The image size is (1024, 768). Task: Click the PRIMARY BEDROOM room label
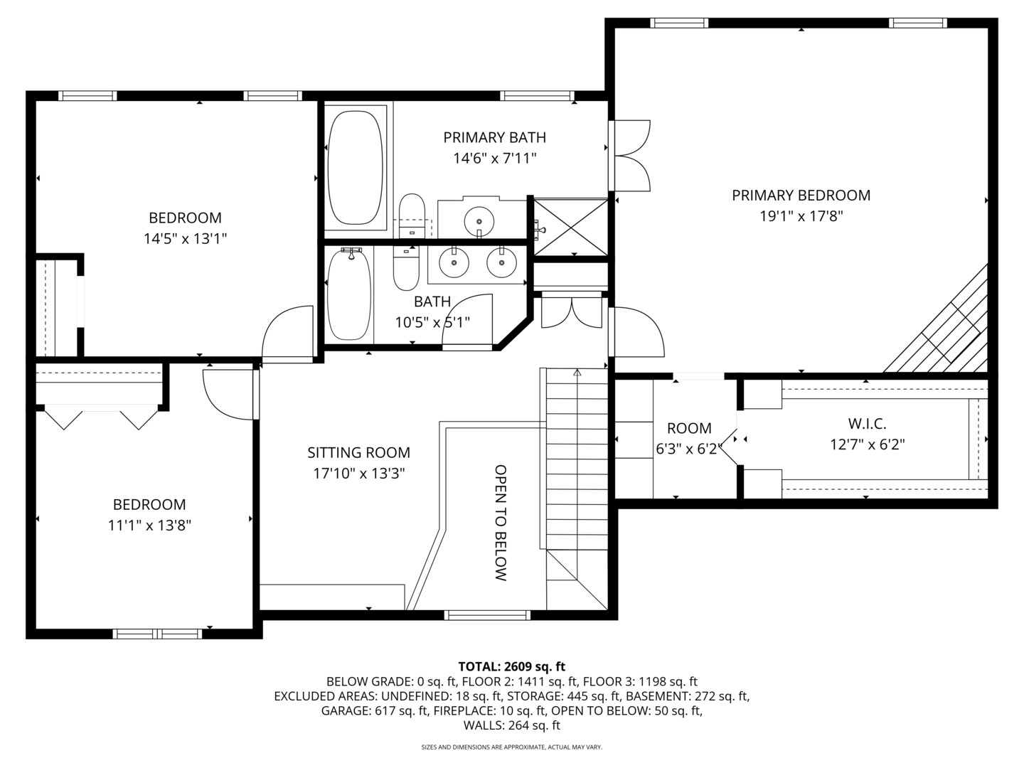coord(801,195)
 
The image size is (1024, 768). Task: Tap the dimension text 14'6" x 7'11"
coord(494,159)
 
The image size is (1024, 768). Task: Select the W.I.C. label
coord(867,424)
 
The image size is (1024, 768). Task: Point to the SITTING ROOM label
coord(358,452)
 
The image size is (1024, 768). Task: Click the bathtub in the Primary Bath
coord(356,168)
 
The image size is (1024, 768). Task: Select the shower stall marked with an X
coord(570,226)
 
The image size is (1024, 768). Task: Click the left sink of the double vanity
coord(453,264)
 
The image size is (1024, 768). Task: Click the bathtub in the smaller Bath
coord(349,294)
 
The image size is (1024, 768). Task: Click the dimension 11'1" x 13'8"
coord(149,526)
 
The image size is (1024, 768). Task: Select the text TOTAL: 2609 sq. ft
coord(511,666)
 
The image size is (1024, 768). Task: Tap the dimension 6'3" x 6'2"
coord(688,449)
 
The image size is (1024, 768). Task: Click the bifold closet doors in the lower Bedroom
coord(101,417)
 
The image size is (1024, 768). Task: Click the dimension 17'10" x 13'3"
coord(358,474)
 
